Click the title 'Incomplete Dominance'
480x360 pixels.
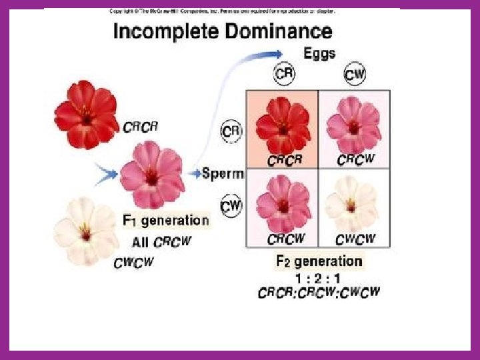tap(223, 31)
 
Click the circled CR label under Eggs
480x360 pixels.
tap(284, 73)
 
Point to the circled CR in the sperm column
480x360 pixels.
tap(231, 131)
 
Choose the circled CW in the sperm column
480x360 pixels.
tap(231, 207)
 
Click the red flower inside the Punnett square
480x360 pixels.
tap(281, 123)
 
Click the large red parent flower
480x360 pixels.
tap(86, 115)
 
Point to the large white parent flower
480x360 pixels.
tap(85, 230)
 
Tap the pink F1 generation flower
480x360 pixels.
tap(152, 174)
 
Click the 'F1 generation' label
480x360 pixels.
tap(165, 220)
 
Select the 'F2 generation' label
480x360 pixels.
tap(319, 261)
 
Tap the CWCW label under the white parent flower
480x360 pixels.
tap(133, 263)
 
